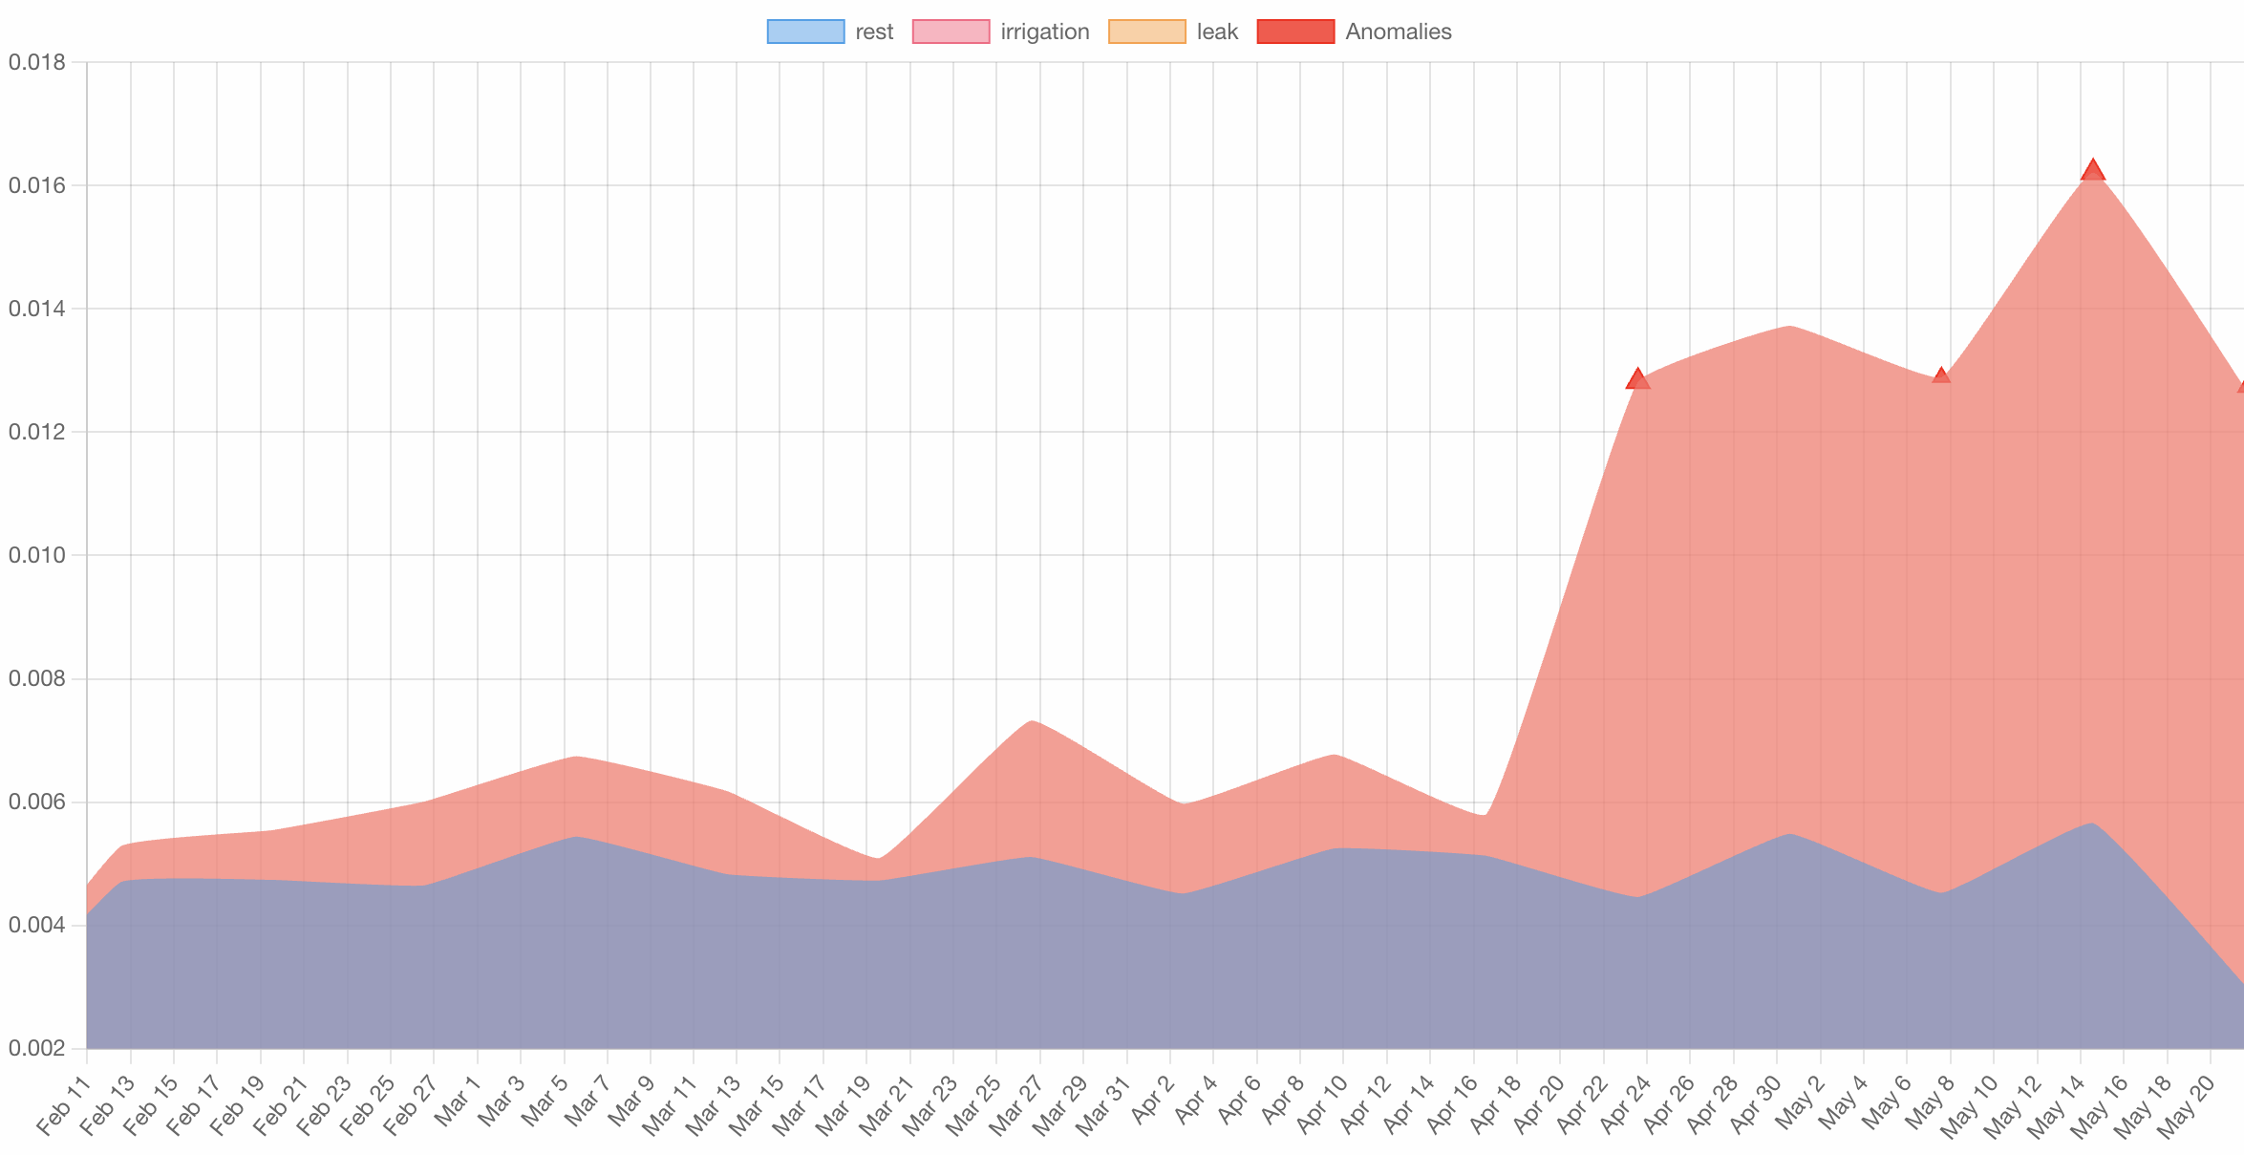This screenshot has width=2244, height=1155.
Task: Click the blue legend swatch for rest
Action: tap(805, 32)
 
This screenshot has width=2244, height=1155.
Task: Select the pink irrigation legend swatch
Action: tap(951, 32)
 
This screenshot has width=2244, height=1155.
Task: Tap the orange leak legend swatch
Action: tap(1146, 32)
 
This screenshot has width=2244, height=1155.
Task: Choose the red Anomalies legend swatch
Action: tap(1295, 32)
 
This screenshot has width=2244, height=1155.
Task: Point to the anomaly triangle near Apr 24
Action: tap(1637, 379)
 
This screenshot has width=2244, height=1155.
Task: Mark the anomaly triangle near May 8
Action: tap(1941, 375)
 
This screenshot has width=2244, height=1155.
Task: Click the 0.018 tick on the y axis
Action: tap(37, 62)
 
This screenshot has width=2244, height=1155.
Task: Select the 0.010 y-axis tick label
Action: tap(37, 555)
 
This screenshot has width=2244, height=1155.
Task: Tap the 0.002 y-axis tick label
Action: tap(37, 1049)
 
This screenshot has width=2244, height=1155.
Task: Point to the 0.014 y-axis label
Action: tap(37, 309)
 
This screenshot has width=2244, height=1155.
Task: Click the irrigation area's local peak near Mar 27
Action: tap(1033, 721)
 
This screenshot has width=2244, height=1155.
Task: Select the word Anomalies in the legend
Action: tap(1398, 32)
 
